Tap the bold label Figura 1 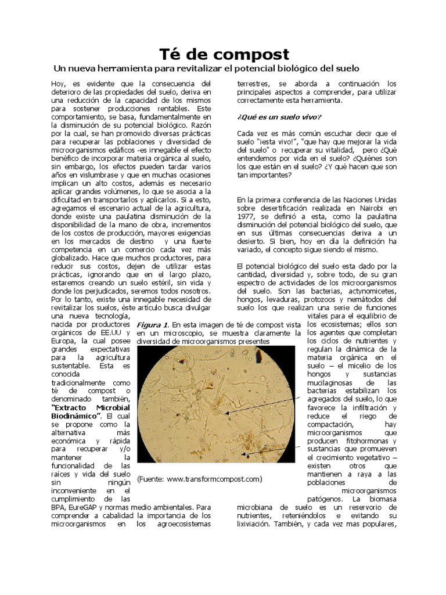[x=152, y=324]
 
